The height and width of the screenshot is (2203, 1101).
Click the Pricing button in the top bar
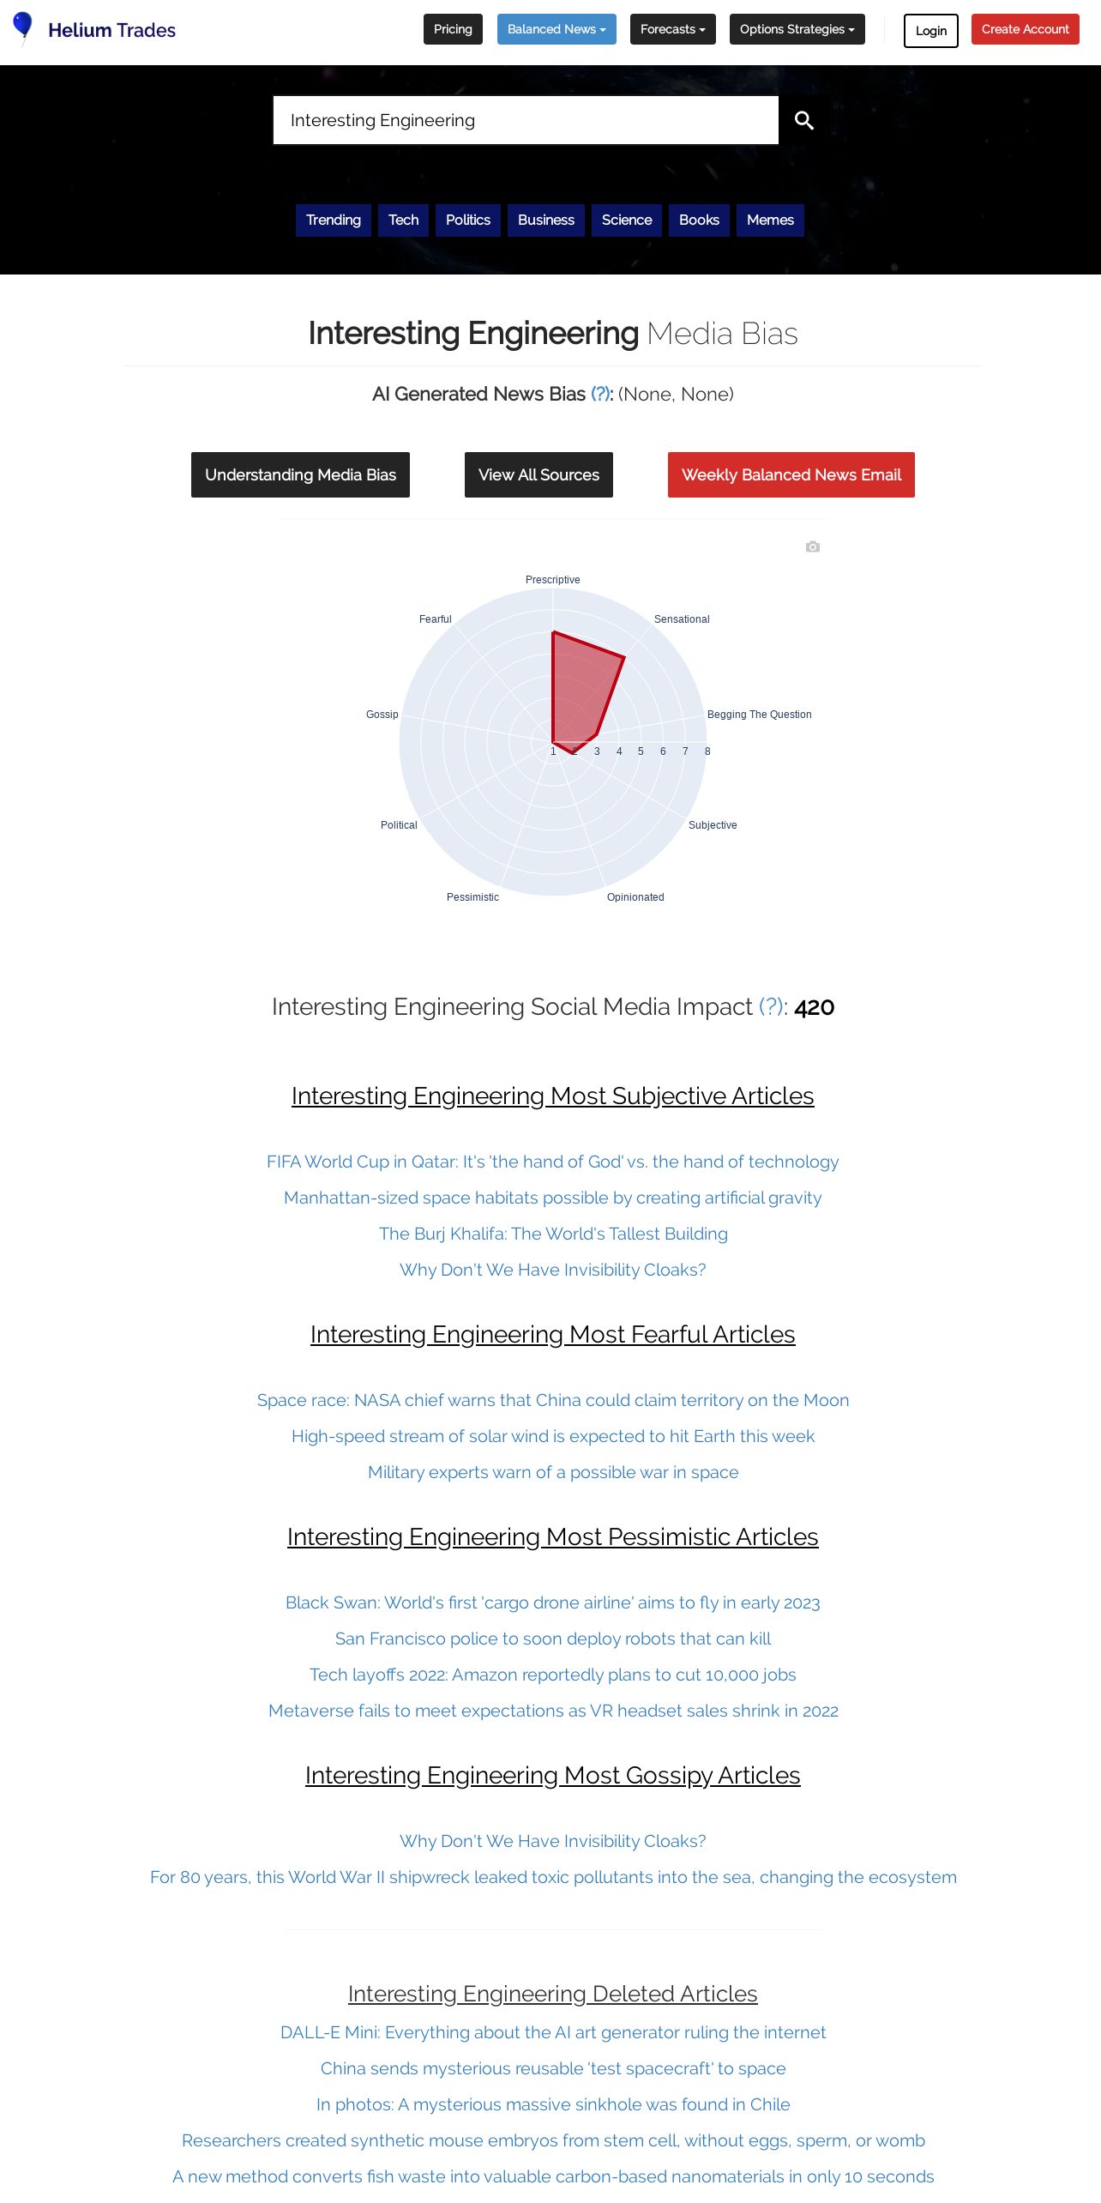point(453,29)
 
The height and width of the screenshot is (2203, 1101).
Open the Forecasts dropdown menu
point(672,29)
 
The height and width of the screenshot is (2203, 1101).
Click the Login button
point(930,31)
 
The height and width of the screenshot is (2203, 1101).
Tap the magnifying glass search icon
point(803,120)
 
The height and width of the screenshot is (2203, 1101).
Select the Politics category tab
point(467,220)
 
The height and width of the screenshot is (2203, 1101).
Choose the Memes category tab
point(770,220)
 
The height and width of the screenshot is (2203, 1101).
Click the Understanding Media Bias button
point(300,474)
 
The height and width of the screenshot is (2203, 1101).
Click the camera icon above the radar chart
point(813,546)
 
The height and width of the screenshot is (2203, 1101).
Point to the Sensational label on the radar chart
point(682,619)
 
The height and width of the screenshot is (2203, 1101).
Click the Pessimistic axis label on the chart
point(472,897)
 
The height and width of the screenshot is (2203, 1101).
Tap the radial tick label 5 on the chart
point(641,751)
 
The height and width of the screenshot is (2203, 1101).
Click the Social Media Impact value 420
point(814,1007)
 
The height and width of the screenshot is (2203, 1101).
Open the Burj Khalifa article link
point(553,1234)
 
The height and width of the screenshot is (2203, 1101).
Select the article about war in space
point(553,1472)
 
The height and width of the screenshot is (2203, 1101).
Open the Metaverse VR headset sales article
point(553,1711)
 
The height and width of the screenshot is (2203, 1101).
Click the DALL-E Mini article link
point(553,2032)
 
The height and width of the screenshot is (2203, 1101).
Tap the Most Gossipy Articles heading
point(553,1775)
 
